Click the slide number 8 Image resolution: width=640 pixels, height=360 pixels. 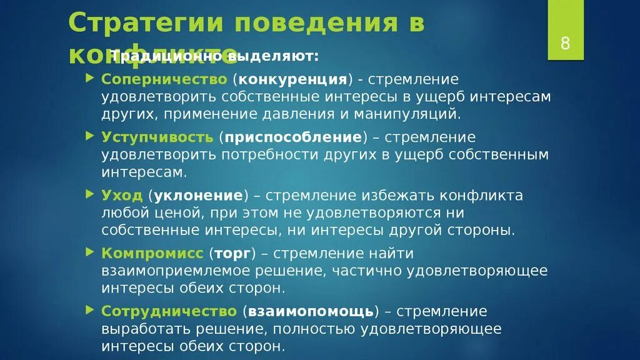tap(565, 43)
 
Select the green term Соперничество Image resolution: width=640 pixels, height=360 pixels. tap(164, 79)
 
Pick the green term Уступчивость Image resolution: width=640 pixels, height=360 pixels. tap(158, 137)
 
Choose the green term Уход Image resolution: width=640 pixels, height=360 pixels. tap(122, 195)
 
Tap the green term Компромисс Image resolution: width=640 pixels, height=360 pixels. tap(152, 253)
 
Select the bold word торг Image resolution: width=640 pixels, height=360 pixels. tap(233, 253)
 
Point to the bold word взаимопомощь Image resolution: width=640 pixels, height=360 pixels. tap(311, 311)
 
